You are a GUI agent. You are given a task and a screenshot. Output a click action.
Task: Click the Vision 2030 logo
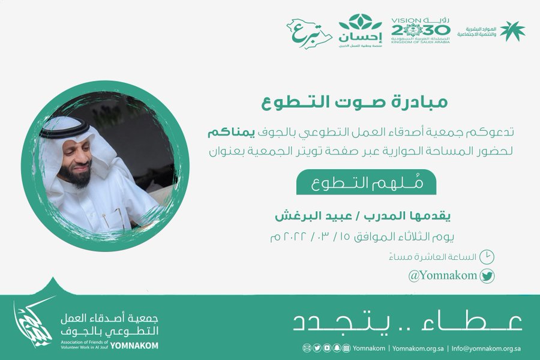(x=421, y=31)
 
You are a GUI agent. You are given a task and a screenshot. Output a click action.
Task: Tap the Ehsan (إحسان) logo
(x=360, y=31)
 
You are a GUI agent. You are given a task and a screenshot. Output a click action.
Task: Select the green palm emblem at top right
(x=512, y=31)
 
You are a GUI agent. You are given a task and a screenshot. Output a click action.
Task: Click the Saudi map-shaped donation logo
(x=309, y=33)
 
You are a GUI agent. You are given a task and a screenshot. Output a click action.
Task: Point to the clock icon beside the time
(x=487, y=257)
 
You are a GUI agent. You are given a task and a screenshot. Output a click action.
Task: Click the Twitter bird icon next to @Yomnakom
(x=487, y=276)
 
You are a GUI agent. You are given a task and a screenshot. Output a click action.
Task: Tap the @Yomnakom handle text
(x=443, y=275)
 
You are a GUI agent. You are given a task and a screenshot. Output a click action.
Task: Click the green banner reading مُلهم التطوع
(x=367, y=182)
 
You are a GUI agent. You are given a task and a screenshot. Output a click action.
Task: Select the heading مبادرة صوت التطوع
(x=355, y=102)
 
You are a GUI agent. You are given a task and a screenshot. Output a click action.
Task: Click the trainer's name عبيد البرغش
(x=313, y=216)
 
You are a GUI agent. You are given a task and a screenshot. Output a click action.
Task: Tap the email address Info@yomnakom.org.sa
(x=486, y=348)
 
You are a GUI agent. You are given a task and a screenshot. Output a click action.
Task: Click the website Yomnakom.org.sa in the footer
(x=418, y=348)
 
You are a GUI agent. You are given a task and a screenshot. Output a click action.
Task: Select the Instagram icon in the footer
(x=347, y=348)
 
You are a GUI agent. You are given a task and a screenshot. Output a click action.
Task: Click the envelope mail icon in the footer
(x=307, y=348)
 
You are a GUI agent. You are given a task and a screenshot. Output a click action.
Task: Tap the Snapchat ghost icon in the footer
(x=337, y=348)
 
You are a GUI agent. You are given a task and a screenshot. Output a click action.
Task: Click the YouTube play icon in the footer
(x=327, y=348)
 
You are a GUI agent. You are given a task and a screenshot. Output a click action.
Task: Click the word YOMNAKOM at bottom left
(x=134, y=346)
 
